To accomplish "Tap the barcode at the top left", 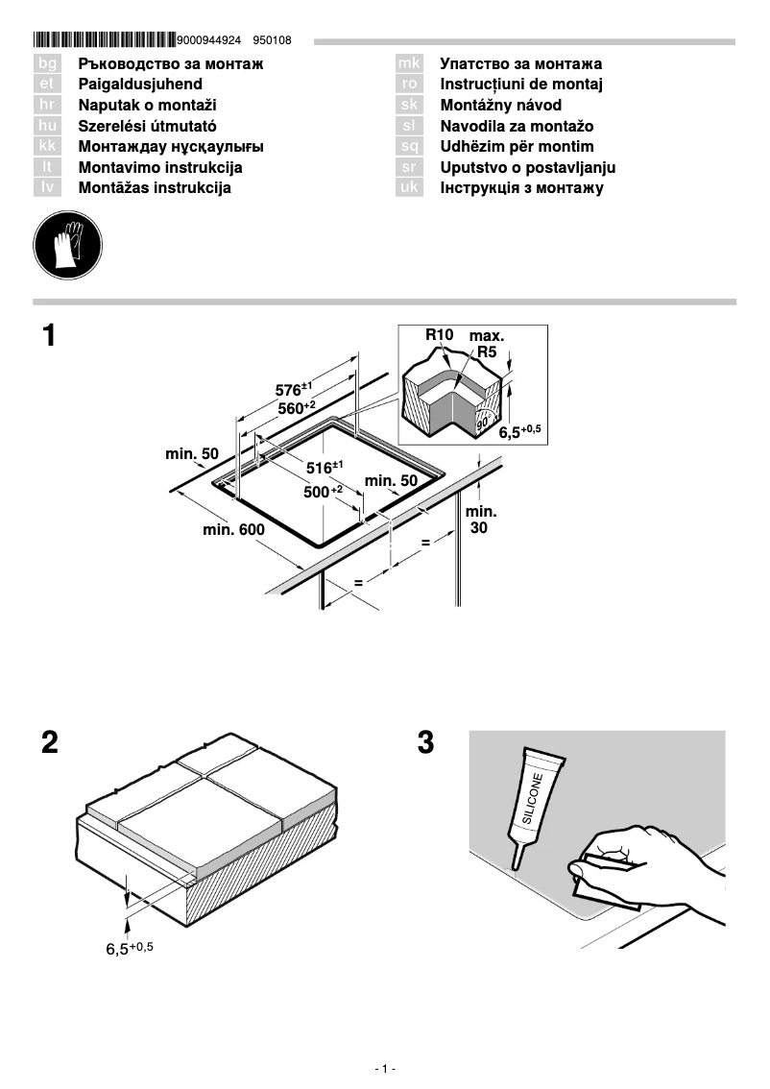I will click(104, 40).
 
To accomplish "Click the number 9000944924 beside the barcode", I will click(209, 40).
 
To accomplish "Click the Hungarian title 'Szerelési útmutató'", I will click(147, 126).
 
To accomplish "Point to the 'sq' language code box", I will click(409, 147).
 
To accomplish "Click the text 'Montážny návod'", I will click(501, 106).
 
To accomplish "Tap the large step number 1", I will click(50, 338).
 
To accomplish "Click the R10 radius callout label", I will click(439, 335).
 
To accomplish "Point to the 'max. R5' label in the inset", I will click(487, 344).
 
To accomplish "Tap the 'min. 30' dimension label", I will click(481, 520).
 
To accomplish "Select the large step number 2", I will click(50, 742).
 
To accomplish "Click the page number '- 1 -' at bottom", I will click(385, 1069).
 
